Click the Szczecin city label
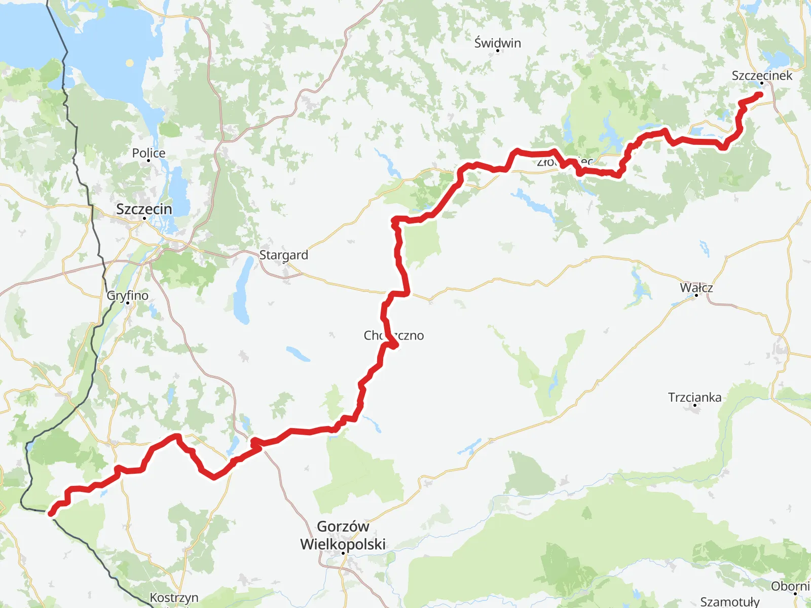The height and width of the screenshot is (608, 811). click(144, 209)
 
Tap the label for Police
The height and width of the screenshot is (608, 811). click(149, 153)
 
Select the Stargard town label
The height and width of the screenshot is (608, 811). click(283, 255)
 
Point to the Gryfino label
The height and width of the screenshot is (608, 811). click(128, 295)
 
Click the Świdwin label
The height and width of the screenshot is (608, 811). click(497, 43)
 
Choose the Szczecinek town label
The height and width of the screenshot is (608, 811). click(761, 75)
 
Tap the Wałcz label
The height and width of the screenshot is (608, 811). click(696, 287)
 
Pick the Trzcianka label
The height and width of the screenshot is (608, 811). click(694, 397)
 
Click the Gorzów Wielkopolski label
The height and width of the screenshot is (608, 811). click(343, 535)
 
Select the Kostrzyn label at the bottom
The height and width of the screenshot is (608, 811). click(174, 598)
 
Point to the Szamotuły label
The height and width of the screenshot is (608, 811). click(729, 601)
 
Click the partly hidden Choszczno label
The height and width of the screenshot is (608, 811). click(393, 335)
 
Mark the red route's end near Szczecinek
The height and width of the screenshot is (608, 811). click(760, 94)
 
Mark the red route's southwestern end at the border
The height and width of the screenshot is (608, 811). click(50, 514)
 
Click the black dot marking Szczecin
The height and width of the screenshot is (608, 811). click(144, 218)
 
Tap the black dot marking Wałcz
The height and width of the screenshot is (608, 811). click(696, 295)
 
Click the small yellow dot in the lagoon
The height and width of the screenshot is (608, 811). click(130, 63)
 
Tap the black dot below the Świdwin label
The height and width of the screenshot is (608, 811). click(497, 51)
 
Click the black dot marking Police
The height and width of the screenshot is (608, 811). click(149, 161)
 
